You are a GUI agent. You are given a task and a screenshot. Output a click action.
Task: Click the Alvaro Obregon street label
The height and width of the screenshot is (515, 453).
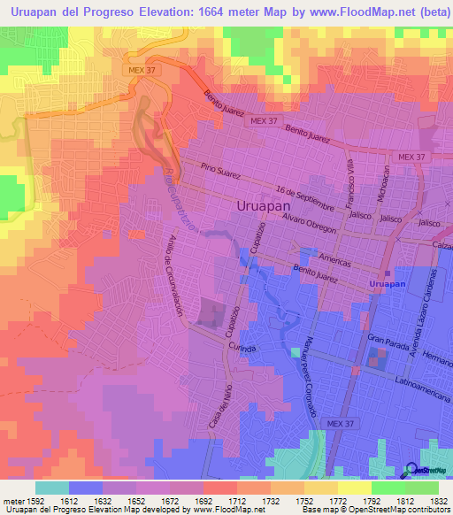point(310,222)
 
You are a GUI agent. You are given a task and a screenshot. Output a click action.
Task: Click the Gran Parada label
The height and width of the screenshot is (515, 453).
point(388,339)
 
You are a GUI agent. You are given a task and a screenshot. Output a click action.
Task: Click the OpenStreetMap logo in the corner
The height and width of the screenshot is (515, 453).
point(426,469)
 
